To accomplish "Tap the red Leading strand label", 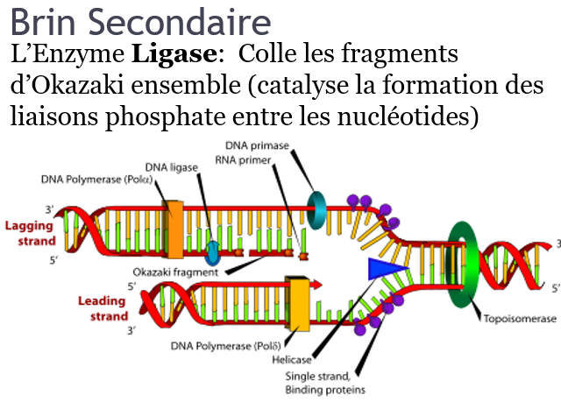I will click(103, 308).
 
